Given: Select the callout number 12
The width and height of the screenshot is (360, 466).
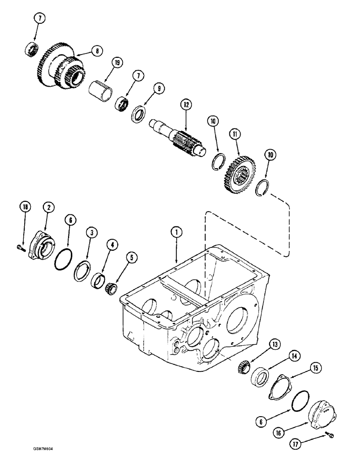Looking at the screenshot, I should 187,105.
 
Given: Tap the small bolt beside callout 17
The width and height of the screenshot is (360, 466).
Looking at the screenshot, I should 329,435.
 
